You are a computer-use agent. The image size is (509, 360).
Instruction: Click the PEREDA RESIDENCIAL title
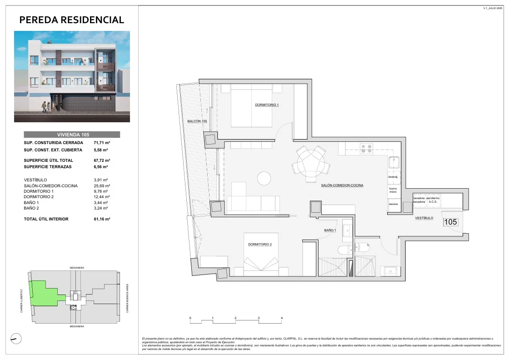pyautogui.click(x=72, y=20)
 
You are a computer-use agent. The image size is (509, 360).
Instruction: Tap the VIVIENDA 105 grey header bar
pyautogui.click(x=72, y=135)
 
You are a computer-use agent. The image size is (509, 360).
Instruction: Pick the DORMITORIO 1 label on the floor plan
pyautogui.click(x=266, y=105)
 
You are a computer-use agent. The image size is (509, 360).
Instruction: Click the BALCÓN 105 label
pyautogui.click(x=197, y=121)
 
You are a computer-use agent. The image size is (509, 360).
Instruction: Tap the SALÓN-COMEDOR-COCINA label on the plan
pyautogui.click(x=341, y=185)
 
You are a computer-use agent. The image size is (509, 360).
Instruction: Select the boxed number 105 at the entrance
pyautogui.click(x=450, y=222)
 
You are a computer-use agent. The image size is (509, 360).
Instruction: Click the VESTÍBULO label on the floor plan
pyautogui.click(x=424, y=218)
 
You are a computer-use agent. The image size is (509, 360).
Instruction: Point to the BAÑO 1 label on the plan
pyautogui.click(x=330, y=230)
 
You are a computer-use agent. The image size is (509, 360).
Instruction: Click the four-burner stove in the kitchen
pyautogui.click(x=367, y=148)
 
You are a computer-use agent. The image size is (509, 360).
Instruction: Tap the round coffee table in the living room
pyautogui.click(x=264, y=178)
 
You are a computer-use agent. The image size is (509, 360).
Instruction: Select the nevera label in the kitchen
pyautogui.click(x=393, y=204)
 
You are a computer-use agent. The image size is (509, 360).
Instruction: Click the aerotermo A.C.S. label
pyautogui.click(x=433, y=200)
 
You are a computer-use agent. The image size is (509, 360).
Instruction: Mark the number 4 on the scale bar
pyautogui.click(x=282, y=318)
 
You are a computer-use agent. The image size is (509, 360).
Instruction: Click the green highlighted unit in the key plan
pyautogui.click(x=43, y=293)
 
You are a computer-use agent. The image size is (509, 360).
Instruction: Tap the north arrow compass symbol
pyautogui.click(x=15, y=338)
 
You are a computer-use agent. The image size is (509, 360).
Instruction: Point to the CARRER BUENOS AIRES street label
pyautogui.click(x=128, y=298)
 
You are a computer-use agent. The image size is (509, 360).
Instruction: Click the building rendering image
pyautogui.click(x=72, y=76)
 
